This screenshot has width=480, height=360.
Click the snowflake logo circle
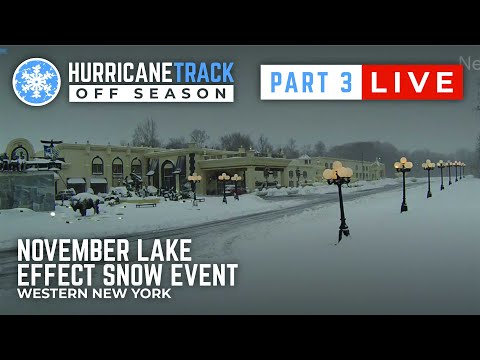(x=37, y=82)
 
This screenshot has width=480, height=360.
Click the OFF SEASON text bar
(x=151, y=93)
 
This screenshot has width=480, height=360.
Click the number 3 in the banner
(x=345, y=83)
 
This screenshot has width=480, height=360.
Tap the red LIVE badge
(x=411, y=83)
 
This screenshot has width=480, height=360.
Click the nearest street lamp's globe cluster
(x=338, y=173)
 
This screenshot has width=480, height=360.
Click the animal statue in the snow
(x=86, y=204)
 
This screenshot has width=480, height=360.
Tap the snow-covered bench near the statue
(x=146, y=202)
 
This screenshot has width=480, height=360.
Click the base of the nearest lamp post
(x=343, y=237)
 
